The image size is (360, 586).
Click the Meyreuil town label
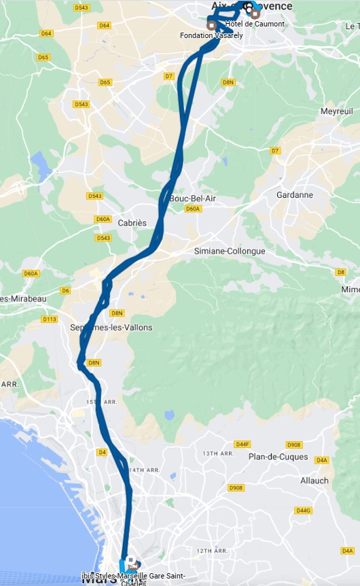click(337, 111)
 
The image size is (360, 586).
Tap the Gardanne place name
click(295, 194)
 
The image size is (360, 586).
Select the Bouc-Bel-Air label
click(192, 198)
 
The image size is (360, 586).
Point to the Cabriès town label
click(132, 223)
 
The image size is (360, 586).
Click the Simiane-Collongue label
click(230, 251)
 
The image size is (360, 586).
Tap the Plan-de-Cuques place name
click(278, 456)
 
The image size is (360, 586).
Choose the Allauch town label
click(314, 480)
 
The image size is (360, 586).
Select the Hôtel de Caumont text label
click(255, 24)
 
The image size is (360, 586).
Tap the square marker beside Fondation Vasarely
click(212, 25)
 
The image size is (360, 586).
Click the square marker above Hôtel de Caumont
click(255, 14)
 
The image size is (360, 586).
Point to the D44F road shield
click(242, 444)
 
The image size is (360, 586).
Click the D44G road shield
click(303, 510)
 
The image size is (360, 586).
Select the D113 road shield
click(50, 319)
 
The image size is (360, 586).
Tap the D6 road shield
click(65, 290)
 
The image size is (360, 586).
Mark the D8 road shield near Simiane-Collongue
click(341, 272)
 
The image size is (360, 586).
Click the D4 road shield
click(103, 451)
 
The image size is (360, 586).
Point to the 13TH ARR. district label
click(217, 453)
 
